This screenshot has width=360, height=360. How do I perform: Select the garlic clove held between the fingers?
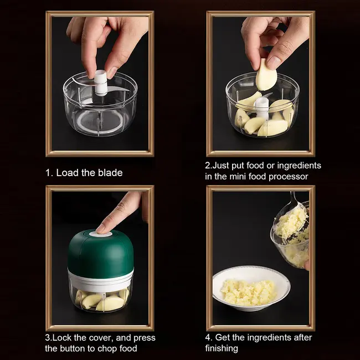point(265,74)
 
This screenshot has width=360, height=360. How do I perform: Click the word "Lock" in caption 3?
point(63,337)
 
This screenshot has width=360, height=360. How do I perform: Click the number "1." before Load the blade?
point(49,172)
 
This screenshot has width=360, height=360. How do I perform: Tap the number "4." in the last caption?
point(209,337)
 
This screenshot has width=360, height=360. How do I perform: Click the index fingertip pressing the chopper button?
point(102,227)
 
